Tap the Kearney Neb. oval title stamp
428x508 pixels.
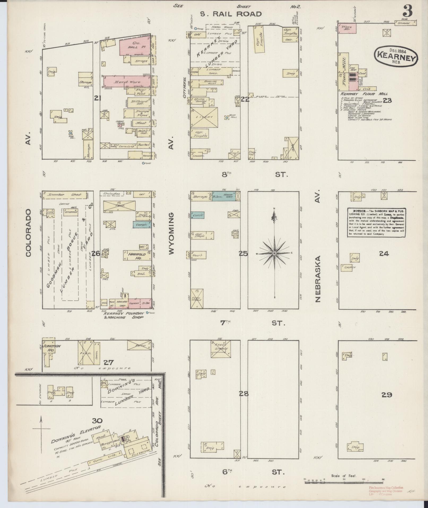coord(395,56)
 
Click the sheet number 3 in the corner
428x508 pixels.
coord(408,11)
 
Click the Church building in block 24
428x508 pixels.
coord(348,267)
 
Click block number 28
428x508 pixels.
coord(244,394)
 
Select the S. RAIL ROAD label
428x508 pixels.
coord(230,14)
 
